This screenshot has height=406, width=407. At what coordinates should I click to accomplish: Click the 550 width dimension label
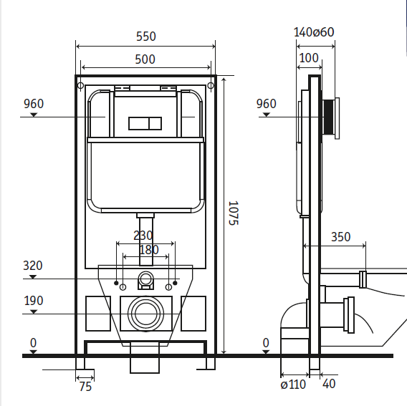pos(146,37)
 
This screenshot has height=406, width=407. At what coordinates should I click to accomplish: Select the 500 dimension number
pos(145,59)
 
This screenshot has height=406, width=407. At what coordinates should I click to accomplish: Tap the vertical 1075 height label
pos(233,213)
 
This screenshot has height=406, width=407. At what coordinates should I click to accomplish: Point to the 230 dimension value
pos(143,236)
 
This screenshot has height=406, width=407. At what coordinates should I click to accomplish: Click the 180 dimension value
pos(149,250)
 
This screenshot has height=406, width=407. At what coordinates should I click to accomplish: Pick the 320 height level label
pos(33,266)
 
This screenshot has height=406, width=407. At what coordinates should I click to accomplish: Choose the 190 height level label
pos(34,301)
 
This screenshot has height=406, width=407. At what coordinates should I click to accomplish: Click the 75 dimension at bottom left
pos(85,387)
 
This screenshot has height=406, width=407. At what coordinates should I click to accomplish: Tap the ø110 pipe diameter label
pos(293,385)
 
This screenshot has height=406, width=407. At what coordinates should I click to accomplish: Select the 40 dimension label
pos(329,384)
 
